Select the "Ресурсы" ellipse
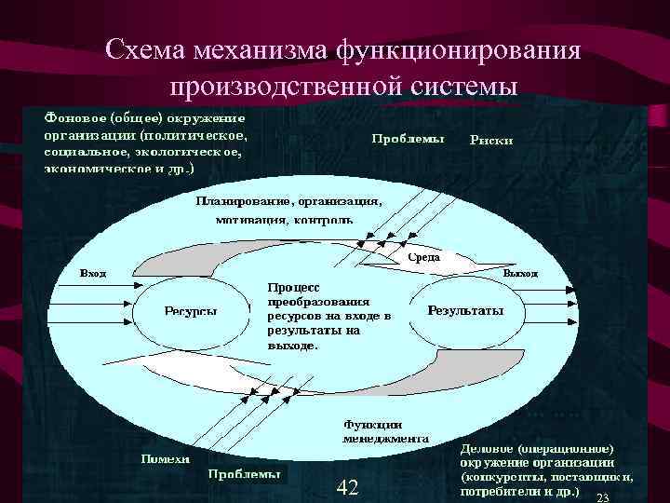[191, 310]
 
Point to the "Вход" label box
[93, 274]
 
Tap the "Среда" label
[424, 257]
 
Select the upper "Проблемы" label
[408, 139]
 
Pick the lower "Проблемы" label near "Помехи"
[243, 474]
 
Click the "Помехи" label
[165, 457]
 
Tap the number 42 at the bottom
[347, 486]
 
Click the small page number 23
[601, 496]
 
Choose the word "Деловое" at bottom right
[488, 448]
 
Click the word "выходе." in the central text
[292, 344]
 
